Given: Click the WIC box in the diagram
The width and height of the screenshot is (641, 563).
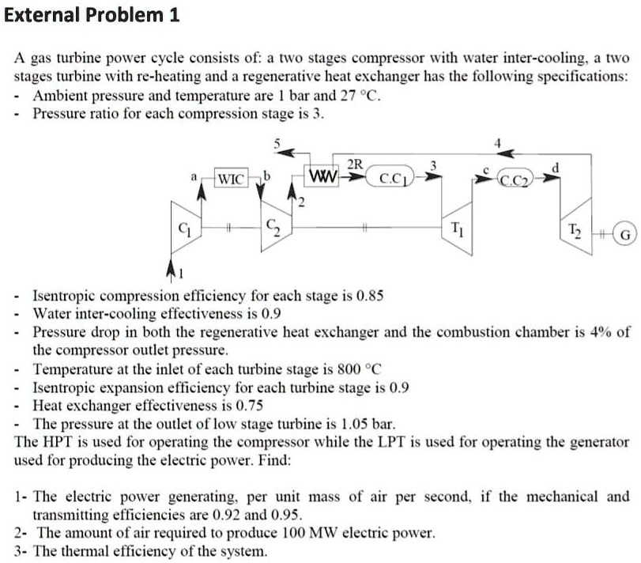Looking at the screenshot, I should pyautogui.click(x=232, y=178).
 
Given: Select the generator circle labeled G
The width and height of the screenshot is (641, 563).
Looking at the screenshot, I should pyautogui.click(x=625, y=234).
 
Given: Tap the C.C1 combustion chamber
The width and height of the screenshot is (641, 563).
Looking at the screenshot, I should pyautogui.click(x=393, y=178).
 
